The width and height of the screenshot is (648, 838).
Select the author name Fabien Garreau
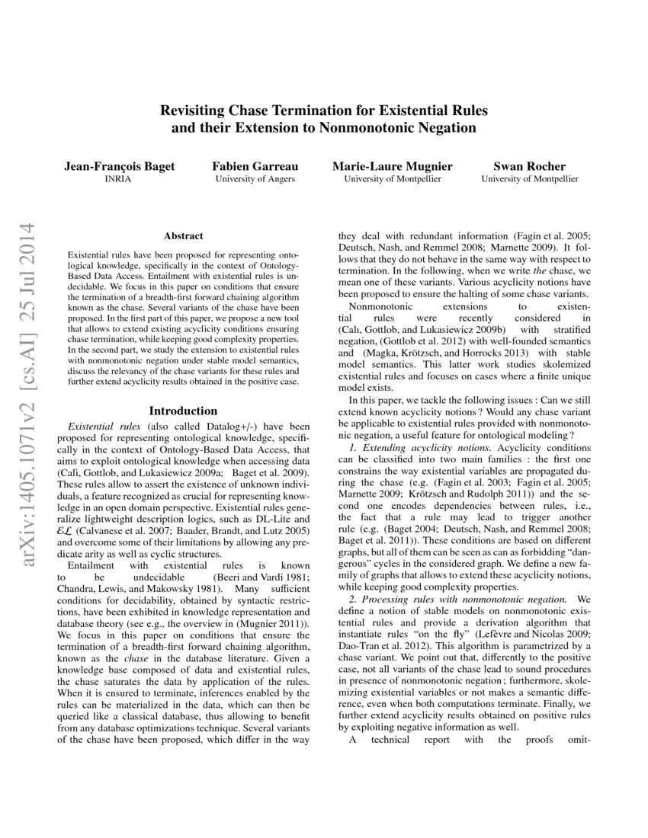click(244, 166)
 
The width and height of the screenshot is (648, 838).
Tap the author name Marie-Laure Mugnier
click(392, 166)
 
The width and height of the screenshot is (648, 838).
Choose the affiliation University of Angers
click(244, 180)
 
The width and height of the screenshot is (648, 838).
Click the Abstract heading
click(183, 237)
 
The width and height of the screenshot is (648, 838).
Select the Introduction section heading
click(183, 411)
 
